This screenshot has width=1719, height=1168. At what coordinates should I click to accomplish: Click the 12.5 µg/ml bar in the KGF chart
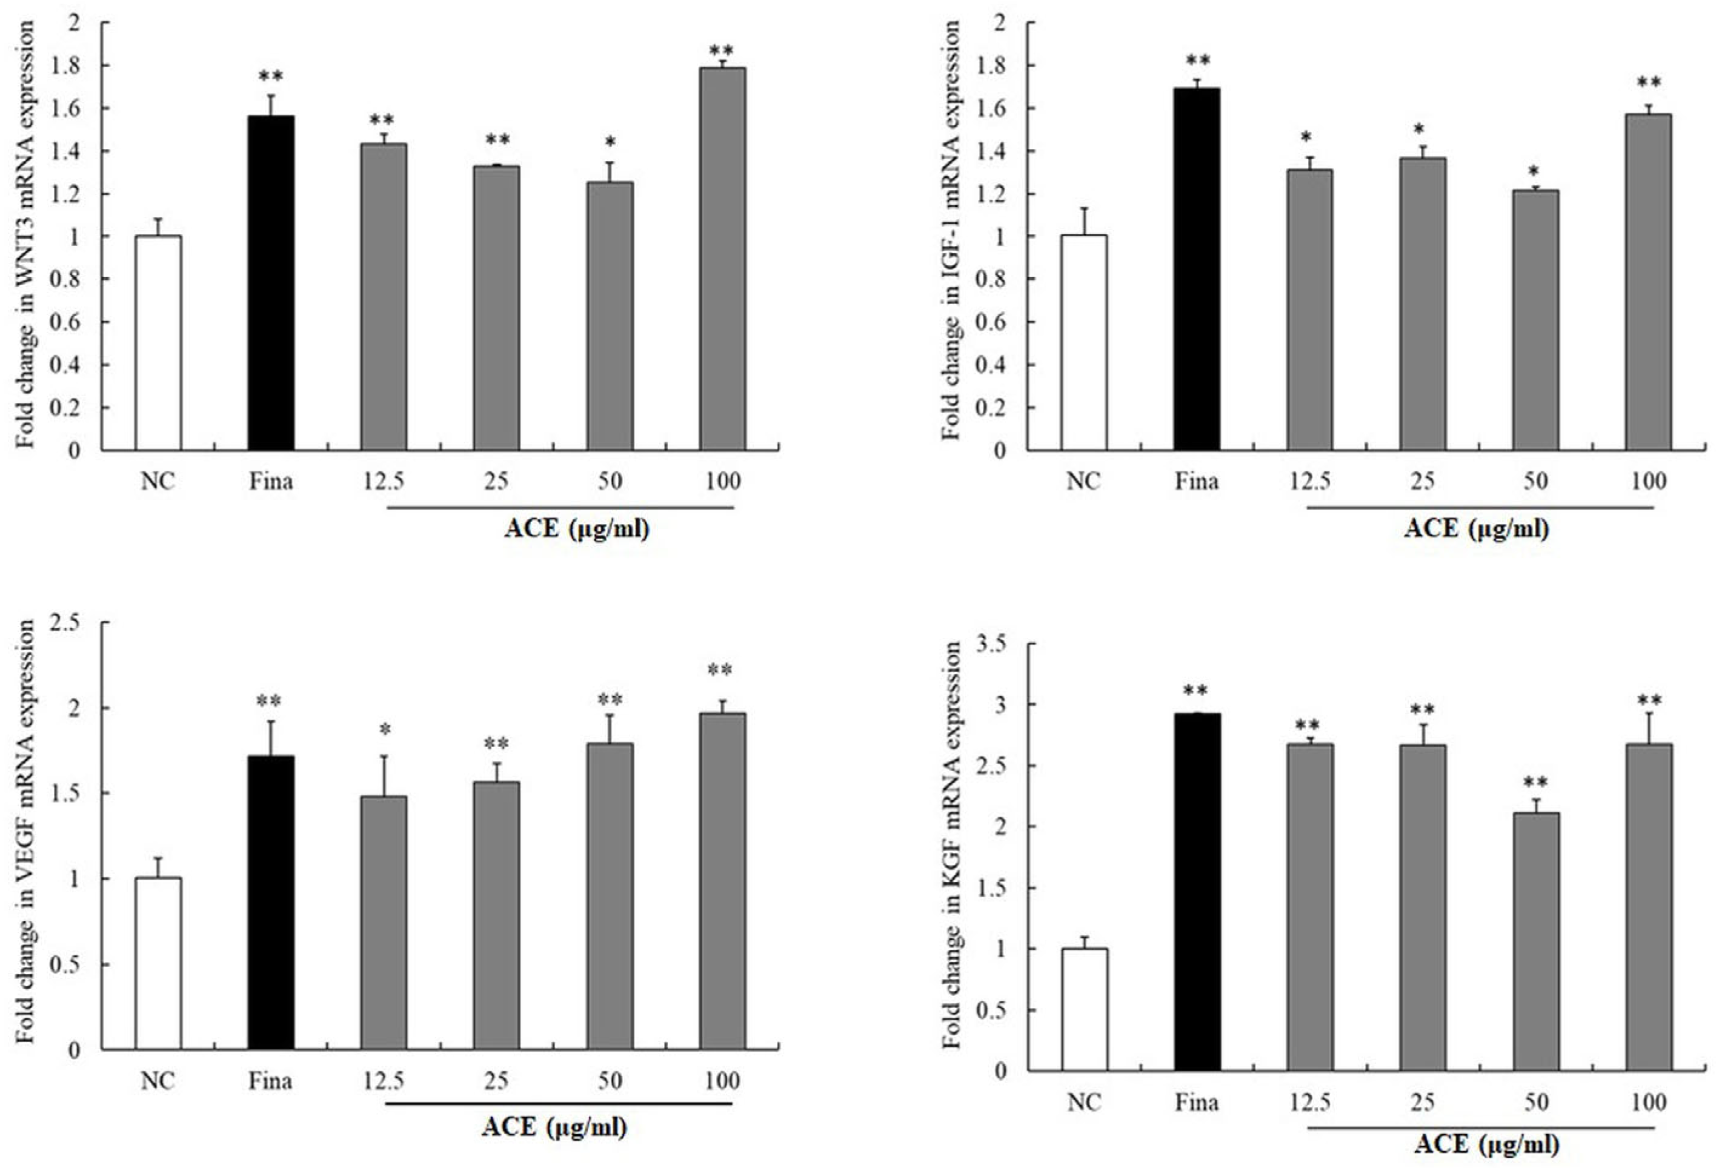tap(1309, 907)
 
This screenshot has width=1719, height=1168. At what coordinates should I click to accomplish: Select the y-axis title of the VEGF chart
tap(27, 832)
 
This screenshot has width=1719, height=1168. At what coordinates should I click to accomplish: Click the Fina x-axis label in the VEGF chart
tap(271, 1081)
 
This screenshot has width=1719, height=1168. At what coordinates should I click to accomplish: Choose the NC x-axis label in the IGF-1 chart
tap(1083, 482)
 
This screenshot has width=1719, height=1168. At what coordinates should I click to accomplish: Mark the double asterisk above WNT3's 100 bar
tap(721, 50)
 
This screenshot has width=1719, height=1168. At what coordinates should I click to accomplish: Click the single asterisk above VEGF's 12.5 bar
tap(385, 730)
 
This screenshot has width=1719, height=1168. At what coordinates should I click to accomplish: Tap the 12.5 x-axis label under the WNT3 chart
tap(383, 482)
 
